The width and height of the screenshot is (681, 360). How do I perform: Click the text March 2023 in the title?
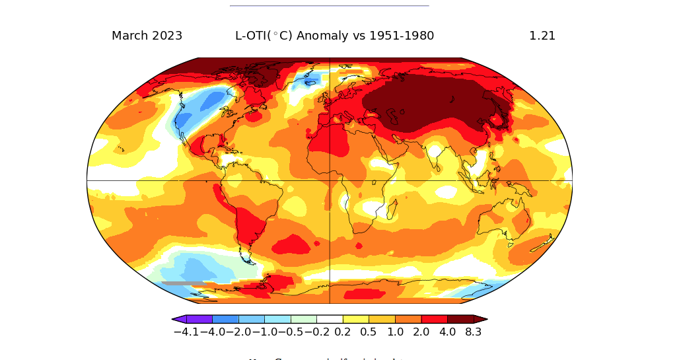click(x=147, y=36)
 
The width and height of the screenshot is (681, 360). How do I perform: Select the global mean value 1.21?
click(x=542, y=36)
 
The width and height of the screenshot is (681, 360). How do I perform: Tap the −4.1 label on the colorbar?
click(x=186, y=332)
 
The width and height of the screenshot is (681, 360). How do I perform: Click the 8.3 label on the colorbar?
click(x=473, y=332)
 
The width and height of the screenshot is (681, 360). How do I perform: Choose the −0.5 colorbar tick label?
click(x=291, y=332)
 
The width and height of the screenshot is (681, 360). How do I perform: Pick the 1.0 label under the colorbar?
click(x=395, y=332)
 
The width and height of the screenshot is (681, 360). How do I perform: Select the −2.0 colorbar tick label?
click(x=238, y=332)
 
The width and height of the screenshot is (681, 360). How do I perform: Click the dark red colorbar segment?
click(x=460, y=319)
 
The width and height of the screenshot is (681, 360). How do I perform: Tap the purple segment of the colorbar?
click(x=199, y=319)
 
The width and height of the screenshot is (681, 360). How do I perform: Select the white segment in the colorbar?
click(x=330, y=319)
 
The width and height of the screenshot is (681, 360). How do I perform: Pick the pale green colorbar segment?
click(x=304, y=319)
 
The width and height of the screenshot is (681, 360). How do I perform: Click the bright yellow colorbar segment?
click(x=356, y=319)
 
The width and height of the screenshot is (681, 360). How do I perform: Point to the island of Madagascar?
click(x=391, y=212)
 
